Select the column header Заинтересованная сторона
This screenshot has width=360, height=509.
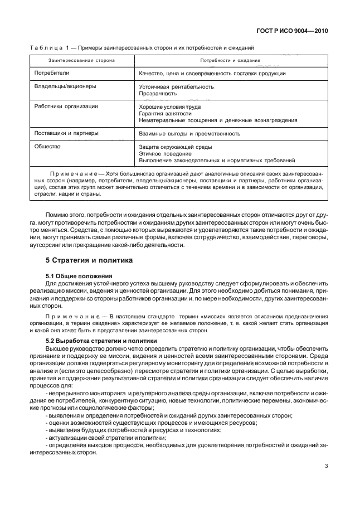click(x=81, y=60)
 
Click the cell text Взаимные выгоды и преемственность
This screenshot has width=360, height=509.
click(x=189, y=134)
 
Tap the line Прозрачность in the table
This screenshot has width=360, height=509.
click(x=157, y=94)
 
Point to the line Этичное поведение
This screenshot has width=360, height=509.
click(x=165, y=153)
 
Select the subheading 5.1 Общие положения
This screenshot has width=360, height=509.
click(x=79, y=276)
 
